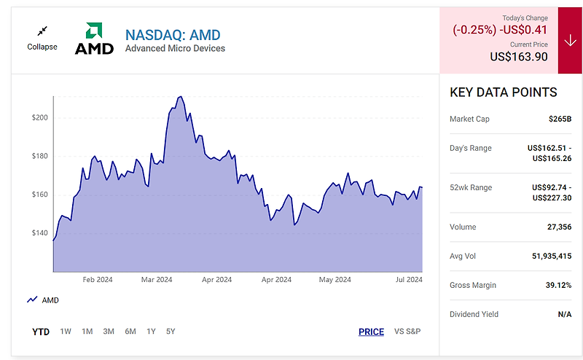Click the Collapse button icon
pos(42,31)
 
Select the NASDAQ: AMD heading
pos(173,34)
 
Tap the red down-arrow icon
pos(570,41)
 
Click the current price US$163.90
pos(518,57)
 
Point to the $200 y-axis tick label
pos(39,117)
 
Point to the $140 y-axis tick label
pos(39,233)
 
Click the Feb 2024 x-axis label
pos(98,279)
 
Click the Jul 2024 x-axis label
pos(409,279)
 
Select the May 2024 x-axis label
pos(335,279)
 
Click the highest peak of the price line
pos(180,96)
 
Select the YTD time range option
pos(41,332)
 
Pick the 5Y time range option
pos(171,332)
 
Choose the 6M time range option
pos(130,332)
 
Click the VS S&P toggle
pos(407,332)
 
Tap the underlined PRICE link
pos(371,332)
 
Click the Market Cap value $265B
pos(560,118)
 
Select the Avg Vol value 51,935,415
pos(547,256)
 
